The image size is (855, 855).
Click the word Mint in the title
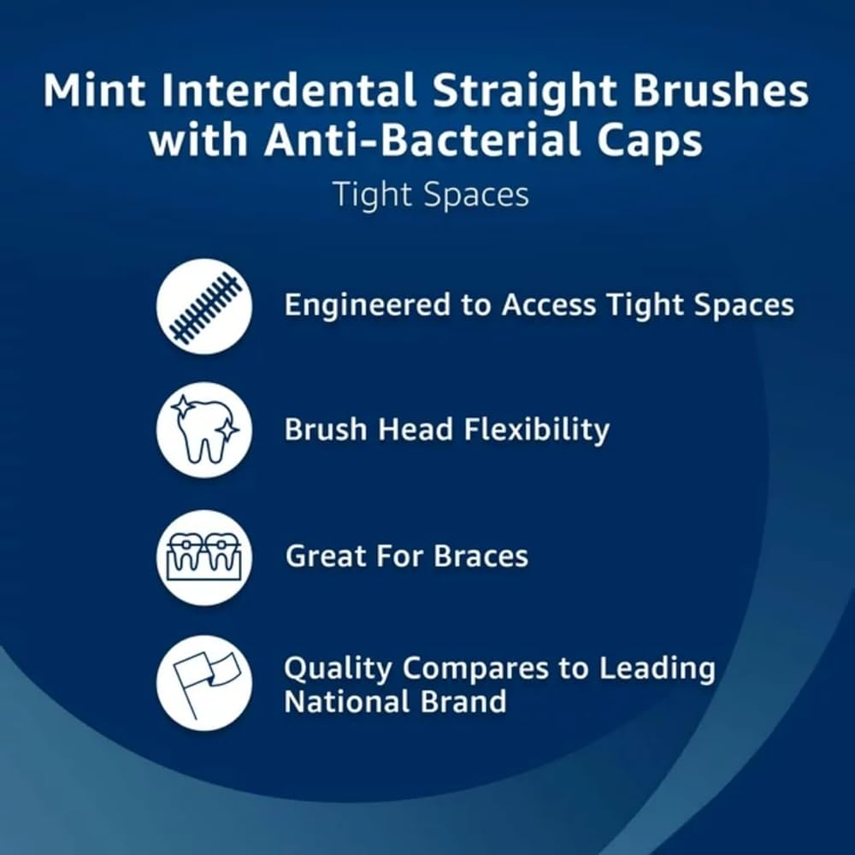click(94, 90)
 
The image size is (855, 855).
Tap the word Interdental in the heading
click(288, 90)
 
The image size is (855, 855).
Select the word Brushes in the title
click(720, 90)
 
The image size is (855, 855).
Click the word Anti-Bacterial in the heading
click(422, 139)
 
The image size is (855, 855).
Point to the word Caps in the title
click(650, 143)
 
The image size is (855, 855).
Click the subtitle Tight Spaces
click(431, 194)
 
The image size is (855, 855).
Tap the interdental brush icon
click(204, 306)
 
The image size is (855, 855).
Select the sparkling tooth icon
click(204, 430)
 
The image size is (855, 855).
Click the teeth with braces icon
click(204, 557)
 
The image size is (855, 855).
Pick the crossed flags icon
click(204, 682)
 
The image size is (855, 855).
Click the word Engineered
click(368, 305)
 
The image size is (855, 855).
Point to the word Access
click(549, 304)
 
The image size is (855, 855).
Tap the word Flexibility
click(537, 430)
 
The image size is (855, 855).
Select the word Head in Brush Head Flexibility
click(416, 429)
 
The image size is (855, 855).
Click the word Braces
click(481, 557)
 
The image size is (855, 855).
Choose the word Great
click(324, 557)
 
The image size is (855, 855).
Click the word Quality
click(338, 669)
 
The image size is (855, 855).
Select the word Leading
click(657, 669)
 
